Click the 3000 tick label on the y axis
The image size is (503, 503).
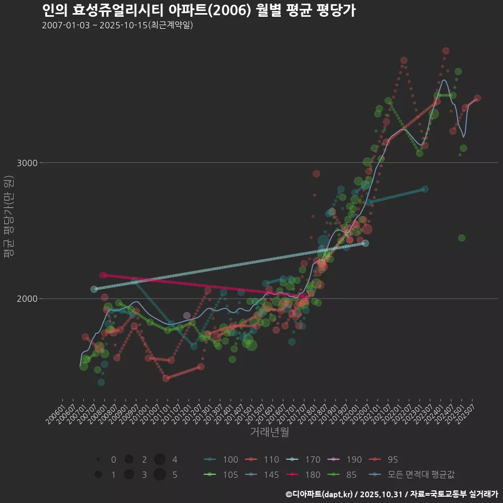[27, 163]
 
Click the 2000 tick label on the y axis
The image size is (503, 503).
[27, 299]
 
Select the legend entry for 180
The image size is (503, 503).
[306, 475]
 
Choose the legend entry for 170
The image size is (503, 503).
[306, 460]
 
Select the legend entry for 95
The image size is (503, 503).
[386, 460]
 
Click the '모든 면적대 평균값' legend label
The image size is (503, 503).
[424, 475]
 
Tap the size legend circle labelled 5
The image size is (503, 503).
[160, 475]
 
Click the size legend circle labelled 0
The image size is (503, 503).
[98, 460]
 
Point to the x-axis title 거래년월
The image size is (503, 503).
[269, 432]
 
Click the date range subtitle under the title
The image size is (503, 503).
[117, 25]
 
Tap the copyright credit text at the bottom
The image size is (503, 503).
[391, 494]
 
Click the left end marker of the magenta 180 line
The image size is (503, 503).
[103, 275]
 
